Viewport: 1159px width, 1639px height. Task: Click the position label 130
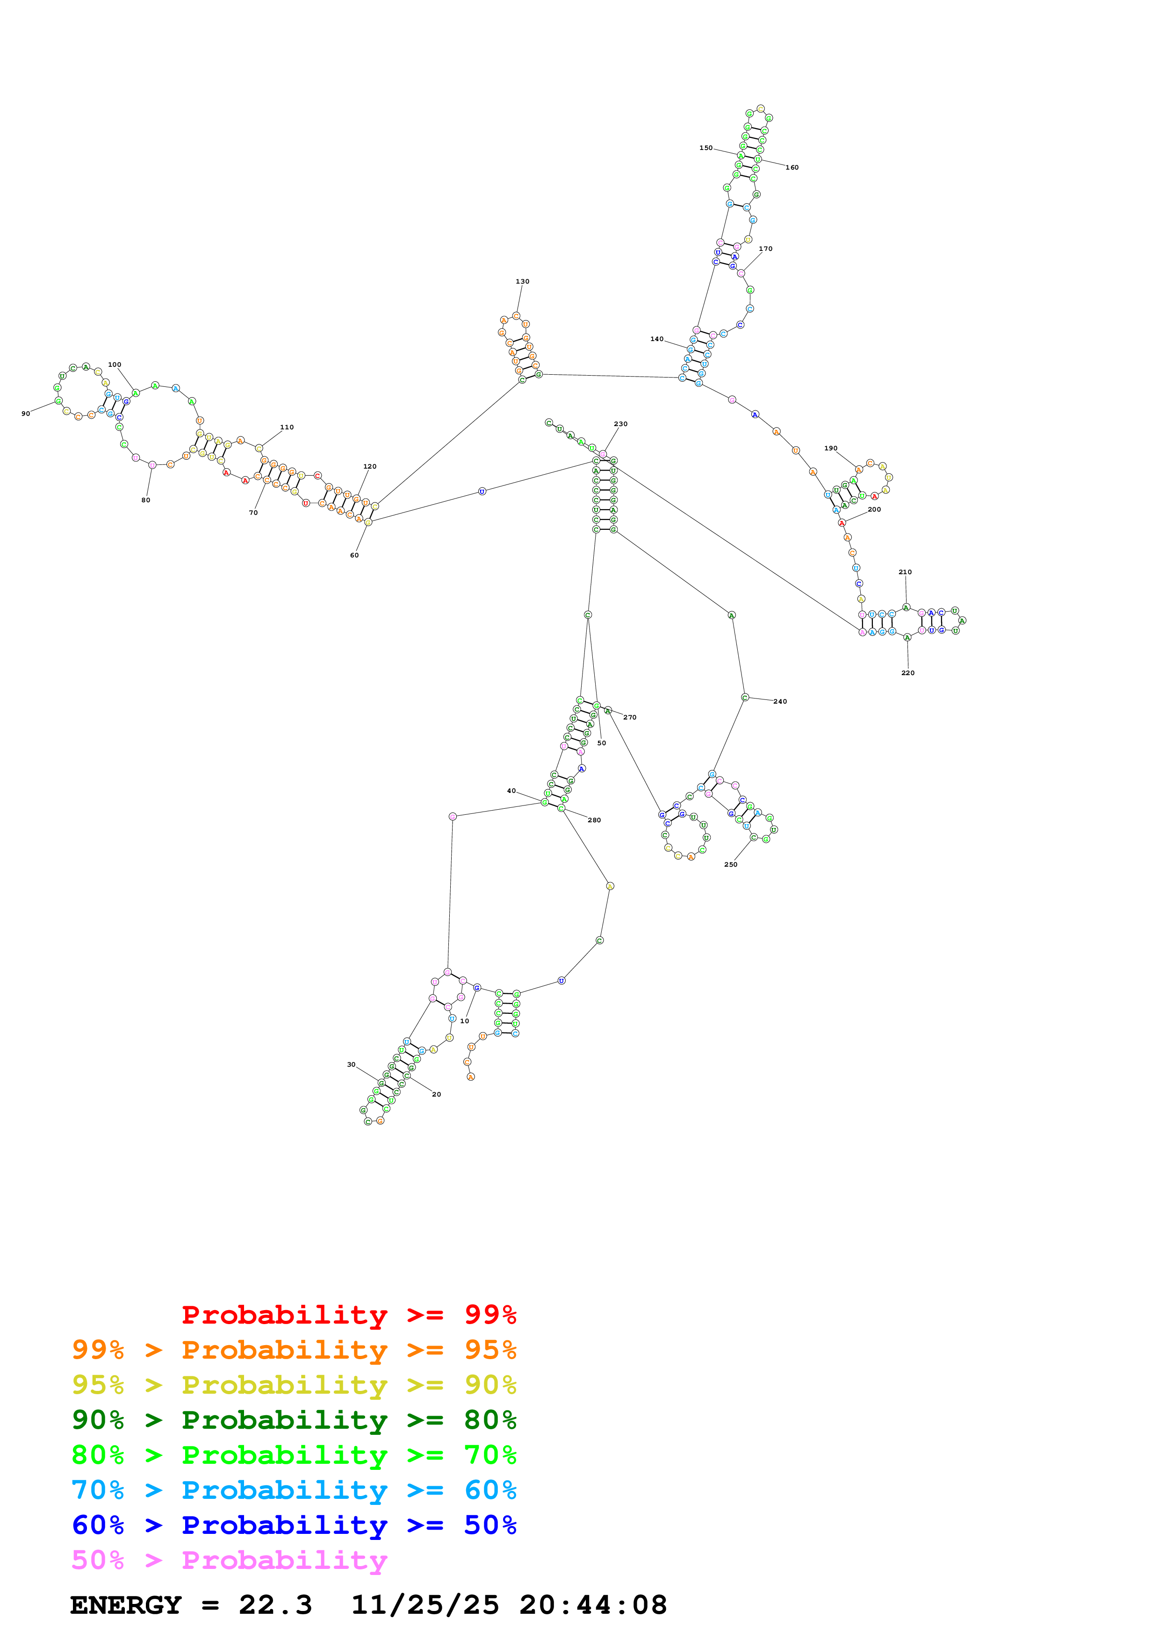522,281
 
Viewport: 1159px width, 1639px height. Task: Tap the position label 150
705,148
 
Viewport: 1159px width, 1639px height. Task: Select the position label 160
792,168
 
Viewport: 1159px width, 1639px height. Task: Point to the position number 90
26,413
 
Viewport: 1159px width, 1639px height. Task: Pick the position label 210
905,572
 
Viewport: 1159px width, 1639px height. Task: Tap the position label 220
907,672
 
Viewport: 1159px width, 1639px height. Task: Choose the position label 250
731,864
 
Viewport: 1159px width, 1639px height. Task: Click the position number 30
351,1064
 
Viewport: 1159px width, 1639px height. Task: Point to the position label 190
830,449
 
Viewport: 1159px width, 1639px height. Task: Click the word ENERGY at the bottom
126,1605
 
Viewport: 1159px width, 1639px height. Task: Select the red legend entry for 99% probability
348,1314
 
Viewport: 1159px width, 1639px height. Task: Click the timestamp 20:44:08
593,1605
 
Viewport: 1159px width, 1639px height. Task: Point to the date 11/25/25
425,1605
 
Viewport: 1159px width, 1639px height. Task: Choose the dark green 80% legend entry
294,1420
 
